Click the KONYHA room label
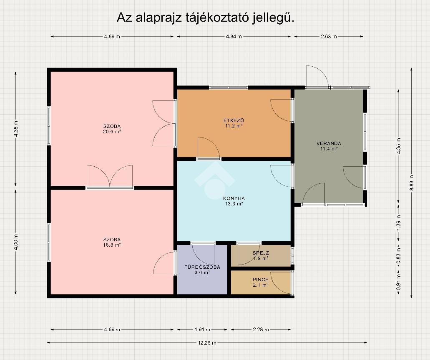[234, 198]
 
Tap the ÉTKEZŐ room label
[234, 120]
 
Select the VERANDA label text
[329, 143]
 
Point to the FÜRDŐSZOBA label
[202, 267]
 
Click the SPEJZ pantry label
[261, 253]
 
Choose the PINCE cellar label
[261, 280]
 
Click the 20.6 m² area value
[112, 132]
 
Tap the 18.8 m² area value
[112, 245]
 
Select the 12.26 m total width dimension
[207, 343]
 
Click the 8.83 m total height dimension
[412, 183]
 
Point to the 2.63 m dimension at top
[329, 36]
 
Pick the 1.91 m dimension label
[202, 330]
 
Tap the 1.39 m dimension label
[399, 222]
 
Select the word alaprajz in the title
[159, 18]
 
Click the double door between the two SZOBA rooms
[110, 177]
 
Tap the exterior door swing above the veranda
[317, 77]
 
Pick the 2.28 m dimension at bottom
[261, 330]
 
